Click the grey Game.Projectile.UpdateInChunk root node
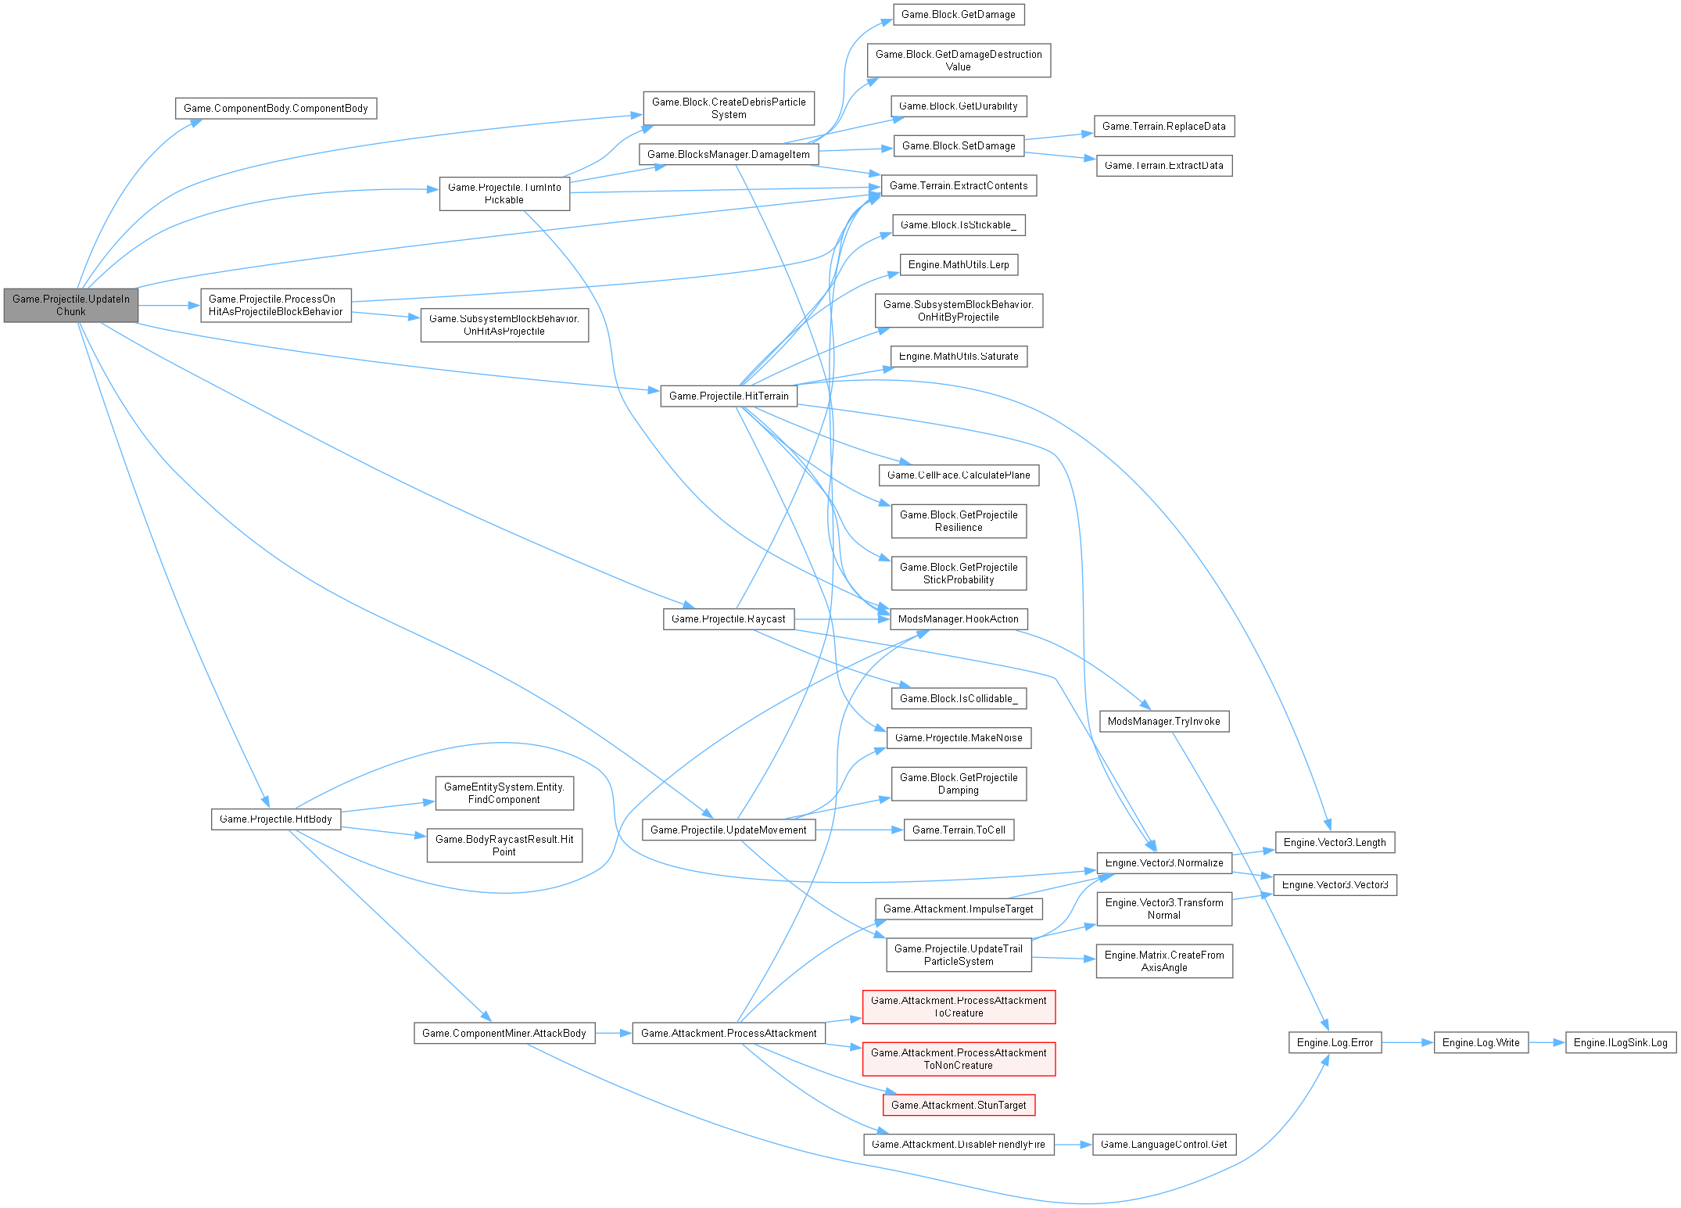pos(71,305)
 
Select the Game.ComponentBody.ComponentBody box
pos(276,108)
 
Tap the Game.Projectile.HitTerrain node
pos(729,396)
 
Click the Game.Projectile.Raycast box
pos(729,618)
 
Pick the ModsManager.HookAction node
pos(958,618)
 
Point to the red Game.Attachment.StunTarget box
pos(959,1105)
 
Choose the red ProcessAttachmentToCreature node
pos(959,1006)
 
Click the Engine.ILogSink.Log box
pos(1620,1042)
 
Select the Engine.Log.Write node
pos(1481,1042)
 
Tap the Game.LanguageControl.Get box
pos(1163,1144)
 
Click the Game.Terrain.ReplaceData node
pos(1163,126)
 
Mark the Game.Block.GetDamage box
pos(958,14)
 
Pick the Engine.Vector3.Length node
pos(1335,842)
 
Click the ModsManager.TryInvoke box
pos(1163,721)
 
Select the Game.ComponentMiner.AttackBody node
pos(504,1033)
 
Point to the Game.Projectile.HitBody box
pos(276,819)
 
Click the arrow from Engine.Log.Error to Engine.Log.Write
pos(1407,1042)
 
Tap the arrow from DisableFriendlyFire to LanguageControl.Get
pos(1073,1144)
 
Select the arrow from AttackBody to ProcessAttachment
pos(613,1033)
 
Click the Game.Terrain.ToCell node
pos(959,830)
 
